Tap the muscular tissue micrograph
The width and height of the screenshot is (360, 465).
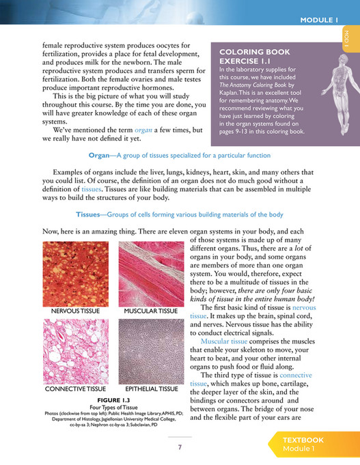[151, 273]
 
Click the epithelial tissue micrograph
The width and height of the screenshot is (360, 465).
[151, 351]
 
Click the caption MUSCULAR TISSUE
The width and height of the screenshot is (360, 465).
[151, 312]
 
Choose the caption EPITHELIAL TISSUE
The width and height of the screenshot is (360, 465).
[151, 390]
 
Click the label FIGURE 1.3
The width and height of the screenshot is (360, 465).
[114, 400]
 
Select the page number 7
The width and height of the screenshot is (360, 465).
[180, 447]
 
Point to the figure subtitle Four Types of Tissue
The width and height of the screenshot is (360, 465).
[114, 408]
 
